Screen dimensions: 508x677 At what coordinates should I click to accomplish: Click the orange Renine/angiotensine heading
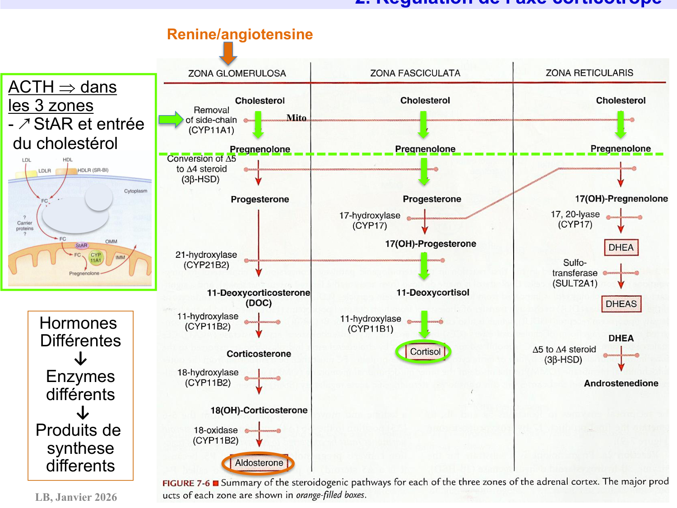click(x=240, y=34)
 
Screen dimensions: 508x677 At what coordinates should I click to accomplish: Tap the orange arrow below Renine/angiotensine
click(x=228, y=53)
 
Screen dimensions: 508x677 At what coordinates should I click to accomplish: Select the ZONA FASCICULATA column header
click(x=415, y=73)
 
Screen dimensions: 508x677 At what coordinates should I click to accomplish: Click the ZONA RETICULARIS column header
click(x=589, y=73)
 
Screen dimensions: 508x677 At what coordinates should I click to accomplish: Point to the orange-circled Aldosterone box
click(x=259, y=463)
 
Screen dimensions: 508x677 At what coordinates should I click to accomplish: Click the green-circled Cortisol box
click(x=425, y=352)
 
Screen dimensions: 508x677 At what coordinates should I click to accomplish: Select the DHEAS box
click(x=621, y=304)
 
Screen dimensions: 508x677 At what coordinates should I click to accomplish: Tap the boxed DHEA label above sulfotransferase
click(x=621, y=247)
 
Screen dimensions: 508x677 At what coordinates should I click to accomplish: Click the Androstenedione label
click(x=621, y=383)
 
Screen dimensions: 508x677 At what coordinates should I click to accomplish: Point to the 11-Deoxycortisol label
click(x=433, y=293)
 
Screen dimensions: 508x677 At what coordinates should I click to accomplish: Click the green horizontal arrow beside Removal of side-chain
click(x=171, y=120)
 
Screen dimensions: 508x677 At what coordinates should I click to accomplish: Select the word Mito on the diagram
click(x=296, y=118)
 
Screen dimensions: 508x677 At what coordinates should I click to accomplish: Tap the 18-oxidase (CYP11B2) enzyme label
click(x=216, y=435)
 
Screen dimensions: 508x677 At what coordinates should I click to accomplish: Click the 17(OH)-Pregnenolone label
click(x=621, y=199)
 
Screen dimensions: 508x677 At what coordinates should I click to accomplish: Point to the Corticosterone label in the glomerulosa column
click(x=259, y=354)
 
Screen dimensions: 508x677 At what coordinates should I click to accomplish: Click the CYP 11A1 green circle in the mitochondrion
click(x=96, y=257)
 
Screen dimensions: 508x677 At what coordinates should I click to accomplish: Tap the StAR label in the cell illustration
click(x=82, y=246)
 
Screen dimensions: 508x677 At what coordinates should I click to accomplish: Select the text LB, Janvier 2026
click(x=76, y=497)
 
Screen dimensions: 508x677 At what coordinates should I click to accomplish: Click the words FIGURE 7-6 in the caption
click(x=186, y=483)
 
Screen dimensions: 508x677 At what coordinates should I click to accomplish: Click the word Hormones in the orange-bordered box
click(x=78, y=323)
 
